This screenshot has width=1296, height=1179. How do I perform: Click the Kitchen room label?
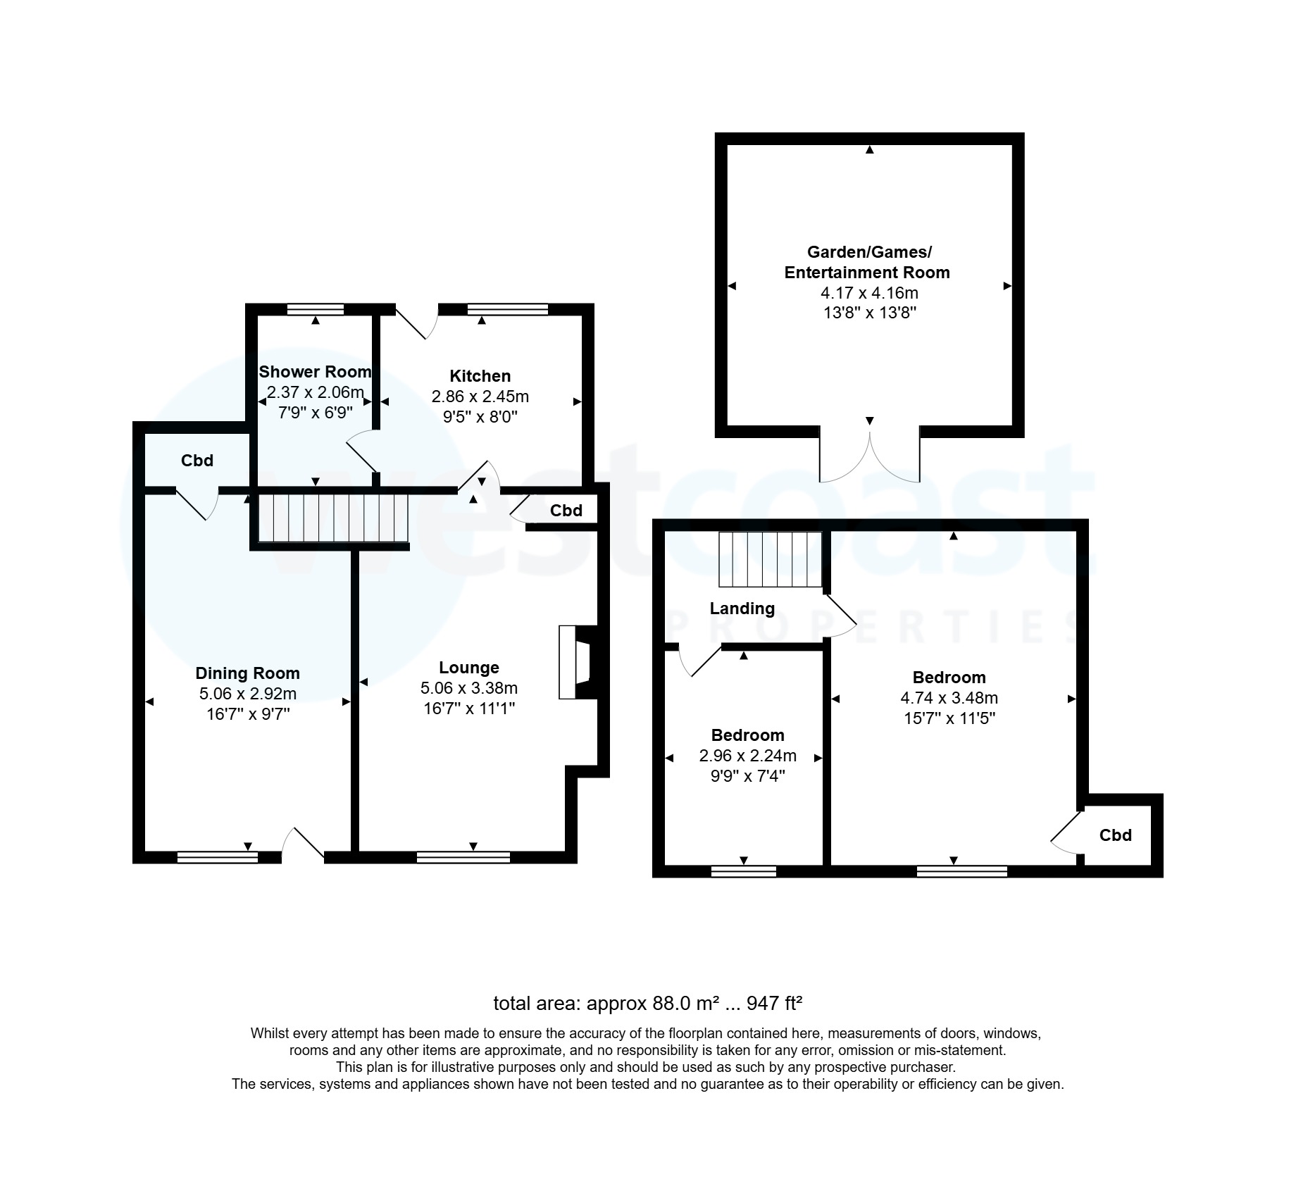[480, 376]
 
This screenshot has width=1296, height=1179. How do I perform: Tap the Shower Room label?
[315, 372]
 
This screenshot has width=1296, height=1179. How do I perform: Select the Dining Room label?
[247, 673]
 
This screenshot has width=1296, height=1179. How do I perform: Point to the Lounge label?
[468, 668]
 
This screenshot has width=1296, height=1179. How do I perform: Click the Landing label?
[742, 609]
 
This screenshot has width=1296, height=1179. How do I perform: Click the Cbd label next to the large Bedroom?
[1115, 835]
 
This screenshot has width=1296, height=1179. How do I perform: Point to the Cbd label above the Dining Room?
[197, 461]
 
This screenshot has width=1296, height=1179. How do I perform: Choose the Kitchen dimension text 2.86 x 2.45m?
[480, 397]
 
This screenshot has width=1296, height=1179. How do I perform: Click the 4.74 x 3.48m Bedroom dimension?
[949, 698]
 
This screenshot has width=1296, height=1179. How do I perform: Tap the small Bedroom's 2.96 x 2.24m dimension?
[747, 756]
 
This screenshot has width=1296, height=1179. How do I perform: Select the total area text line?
[647, 1002]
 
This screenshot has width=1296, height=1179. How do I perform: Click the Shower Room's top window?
[316, 309]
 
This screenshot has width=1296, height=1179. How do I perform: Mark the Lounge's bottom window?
[463, 857]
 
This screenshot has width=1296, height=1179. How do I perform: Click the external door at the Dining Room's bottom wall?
[304, 845]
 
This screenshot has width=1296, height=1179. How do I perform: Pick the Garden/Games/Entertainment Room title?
[867, 262]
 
